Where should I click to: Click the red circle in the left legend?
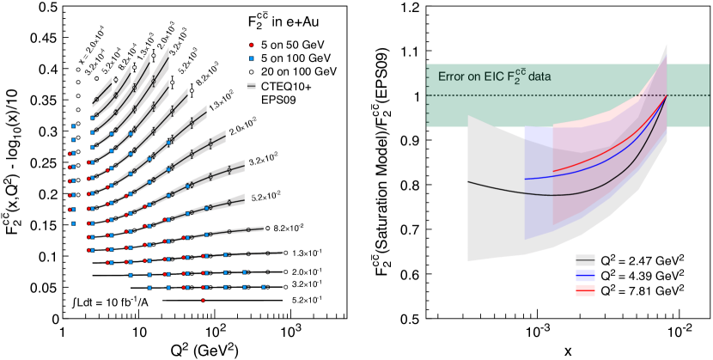[x=251, y=44]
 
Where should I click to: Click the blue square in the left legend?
[x=251, y=58]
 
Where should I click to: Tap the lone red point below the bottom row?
[x=203, y=301]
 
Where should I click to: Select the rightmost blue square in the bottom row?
[x=264, y=287]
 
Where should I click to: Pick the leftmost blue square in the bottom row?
[x=149, y=288]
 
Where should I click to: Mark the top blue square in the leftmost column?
[x=74, y=125]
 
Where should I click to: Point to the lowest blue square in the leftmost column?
[x=74, y=223]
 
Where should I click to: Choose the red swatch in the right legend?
[x=585, y=290]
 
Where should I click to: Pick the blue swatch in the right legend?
[x=585, y=275]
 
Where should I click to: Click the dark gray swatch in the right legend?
[x=585, y=259]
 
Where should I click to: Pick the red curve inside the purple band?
[x=601, y=159]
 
